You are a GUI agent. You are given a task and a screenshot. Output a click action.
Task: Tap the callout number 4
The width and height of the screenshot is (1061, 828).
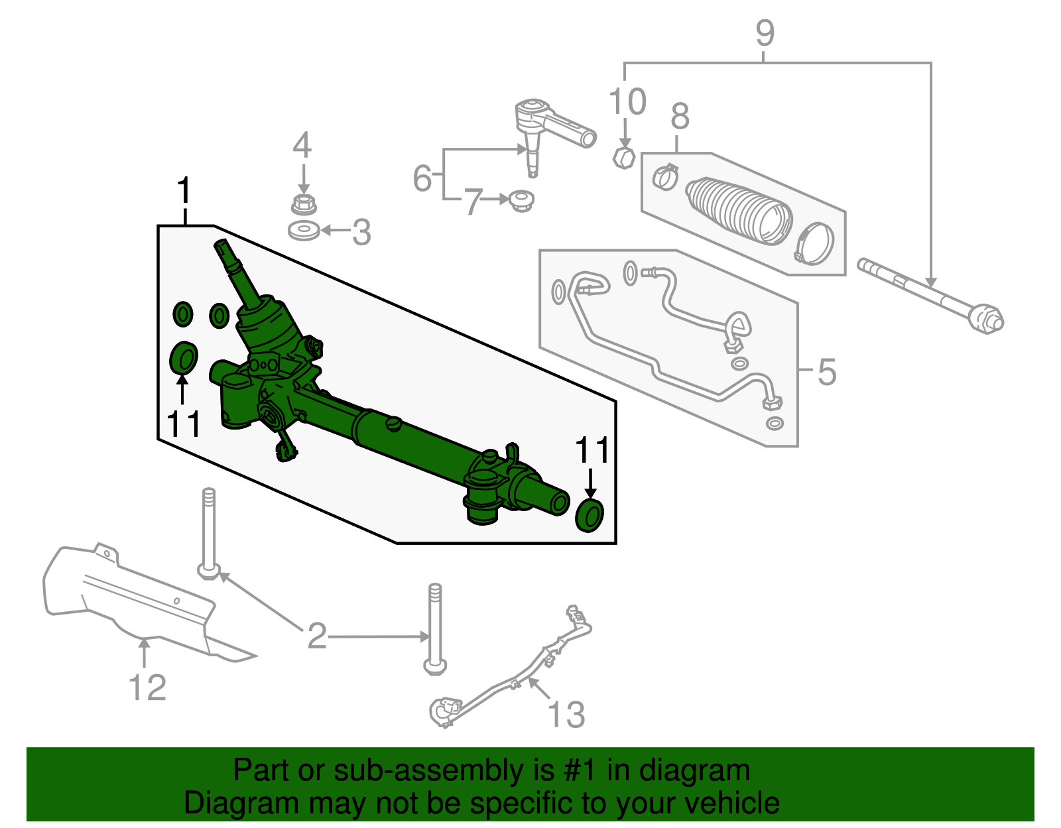[302, 146]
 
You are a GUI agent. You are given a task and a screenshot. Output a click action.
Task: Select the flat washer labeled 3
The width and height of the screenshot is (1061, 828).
[304, 231]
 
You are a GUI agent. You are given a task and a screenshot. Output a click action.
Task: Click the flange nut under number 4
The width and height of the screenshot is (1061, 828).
[303, 204]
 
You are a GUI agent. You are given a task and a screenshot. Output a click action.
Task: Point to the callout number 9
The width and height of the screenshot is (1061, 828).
[765, 33]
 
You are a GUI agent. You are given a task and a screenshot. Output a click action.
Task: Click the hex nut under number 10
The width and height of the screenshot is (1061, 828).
[623, 158]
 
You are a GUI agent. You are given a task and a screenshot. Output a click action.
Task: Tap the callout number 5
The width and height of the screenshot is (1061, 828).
[827, 372]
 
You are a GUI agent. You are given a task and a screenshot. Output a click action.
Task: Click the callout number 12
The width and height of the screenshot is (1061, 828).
[147, 687]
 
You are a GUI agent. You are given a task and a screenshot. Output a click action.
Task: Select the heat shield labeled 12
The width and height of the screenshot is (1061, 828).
[133, 597]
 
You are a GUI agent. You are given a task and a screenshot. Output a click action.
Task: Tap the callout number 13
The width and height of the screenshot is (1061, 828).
[566, 715]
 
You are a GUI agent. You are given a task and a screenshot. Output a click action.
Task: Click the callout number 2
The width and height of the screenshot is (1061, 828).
[317, 636]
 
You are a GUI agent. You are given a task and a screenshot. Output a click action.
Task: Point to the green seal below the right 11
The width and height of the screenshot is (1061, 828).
[589, 516]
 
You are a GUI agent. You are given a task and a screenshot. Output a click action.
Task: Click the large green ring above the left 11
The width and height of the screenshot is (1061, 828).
[183, 359]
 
